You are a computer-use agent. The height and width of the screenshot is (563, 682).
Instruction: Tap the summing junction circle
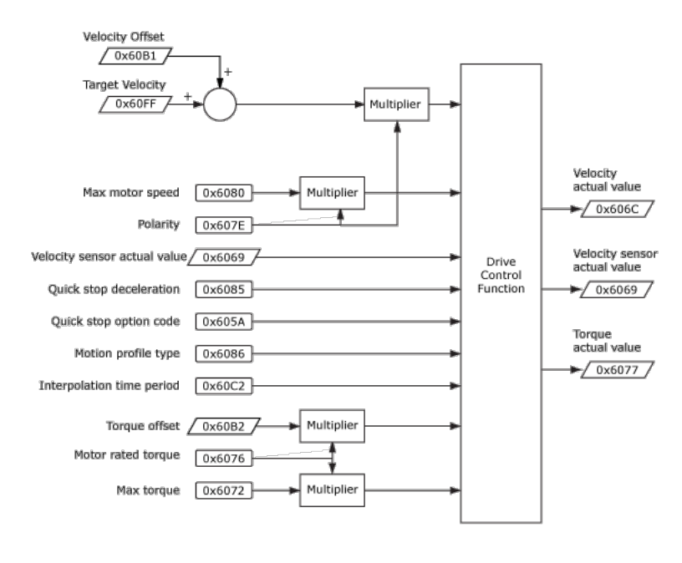[x=220, y=104]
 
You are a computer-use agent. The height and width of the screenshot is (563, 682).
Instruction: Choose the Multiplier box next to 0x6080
[x=332, y=193]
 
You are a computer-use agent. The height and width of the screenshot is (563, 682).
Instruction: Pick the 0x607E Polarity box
[x=223, y=225]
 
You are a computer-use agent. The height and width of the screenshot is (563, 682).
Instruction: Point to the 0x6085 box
[x=223, y=290]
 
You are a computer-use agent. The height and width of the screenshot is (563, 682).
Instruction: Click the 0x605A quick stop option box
[x=223, y=322]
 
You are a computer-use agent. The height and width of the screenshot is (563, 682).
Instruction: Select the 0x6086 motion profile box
[x=223, y=353]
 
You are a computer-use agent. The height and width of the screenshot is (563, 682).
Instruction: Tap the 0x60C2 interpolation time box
[x=223, y=386]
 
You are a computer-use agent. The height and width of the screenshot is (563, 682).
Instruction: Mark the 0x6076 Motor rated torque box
[x=223, y=458]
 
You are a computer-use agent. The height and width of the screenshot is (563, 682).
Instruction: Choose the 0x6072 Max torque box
[x=223, y=490]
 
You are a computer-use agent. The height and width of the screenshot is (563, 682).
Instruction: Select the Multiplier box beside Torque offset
[x=332, y=426]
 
